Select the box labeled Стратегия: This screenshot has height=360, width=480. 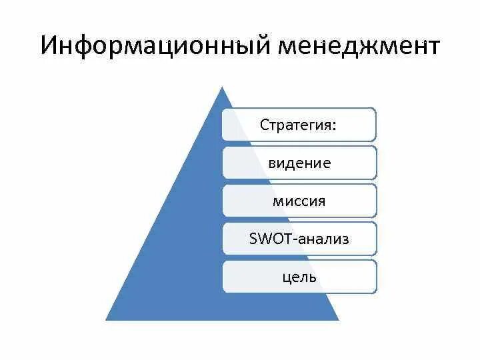tap(299, 125)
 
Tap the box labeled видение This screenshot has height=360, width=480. tap(299, 163)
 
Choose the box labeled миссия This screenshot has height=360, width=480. tap(299, 201)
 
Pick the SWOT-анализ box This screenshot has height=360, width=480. tap(299, 239)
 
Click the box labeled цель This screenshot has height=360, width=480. tap(299, 276)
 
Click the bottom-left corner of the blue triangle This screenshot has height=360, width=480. tap(107, 319)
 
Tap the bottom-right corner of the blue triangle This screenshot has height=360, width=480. tap(338, 319)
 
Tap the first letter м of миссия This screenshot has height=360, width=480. tap(277, 201)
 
